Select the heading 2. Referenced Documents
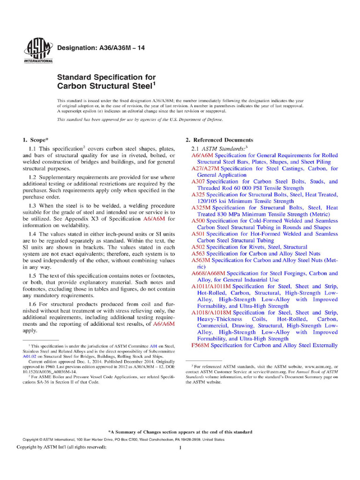coord(219,140)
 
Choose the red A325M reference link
coord(201,207)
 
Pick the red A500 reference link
coord(198,220)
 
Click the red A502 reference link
coord(198,247)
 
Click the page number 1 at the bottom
coord(180,448)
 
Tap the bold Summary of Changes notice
coord(180,432)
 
